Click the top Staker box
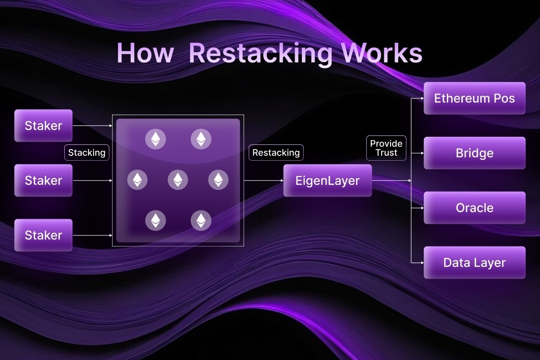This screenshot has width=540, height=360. point(43,126)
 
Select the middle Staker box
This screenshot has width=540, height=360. point(43,180)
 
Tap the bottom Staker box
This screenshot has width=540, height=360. point(43,235)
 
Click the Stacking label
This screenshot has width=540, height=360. point(87,153)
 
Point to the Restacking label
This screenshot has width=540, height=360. point(276,153)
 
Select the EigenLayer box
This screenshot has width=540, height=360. point(328,180)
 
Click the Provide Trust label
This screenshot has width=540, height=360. point(386,148)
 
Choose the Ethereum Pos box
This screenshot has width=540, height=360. point(474,98)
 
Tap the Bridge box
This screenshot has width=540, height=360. point(474,153)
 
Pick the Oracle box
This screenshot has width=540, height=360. point(474,208)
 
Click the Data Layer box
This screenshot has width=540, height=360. point(474,262)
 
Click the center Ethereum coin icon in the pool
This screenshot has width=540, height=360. point(178,180)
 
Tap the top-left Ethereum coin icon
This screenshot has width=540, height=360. point(155,139)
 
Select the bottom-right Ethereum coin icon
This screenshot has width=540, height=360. point(201,220)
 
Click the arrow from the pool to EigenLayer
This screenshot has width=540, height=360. point(263,180)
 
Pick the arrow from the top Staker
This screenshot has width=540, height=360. point(92,126)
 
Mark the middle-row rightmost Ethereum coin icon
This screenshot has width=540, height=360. point(218,180)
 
